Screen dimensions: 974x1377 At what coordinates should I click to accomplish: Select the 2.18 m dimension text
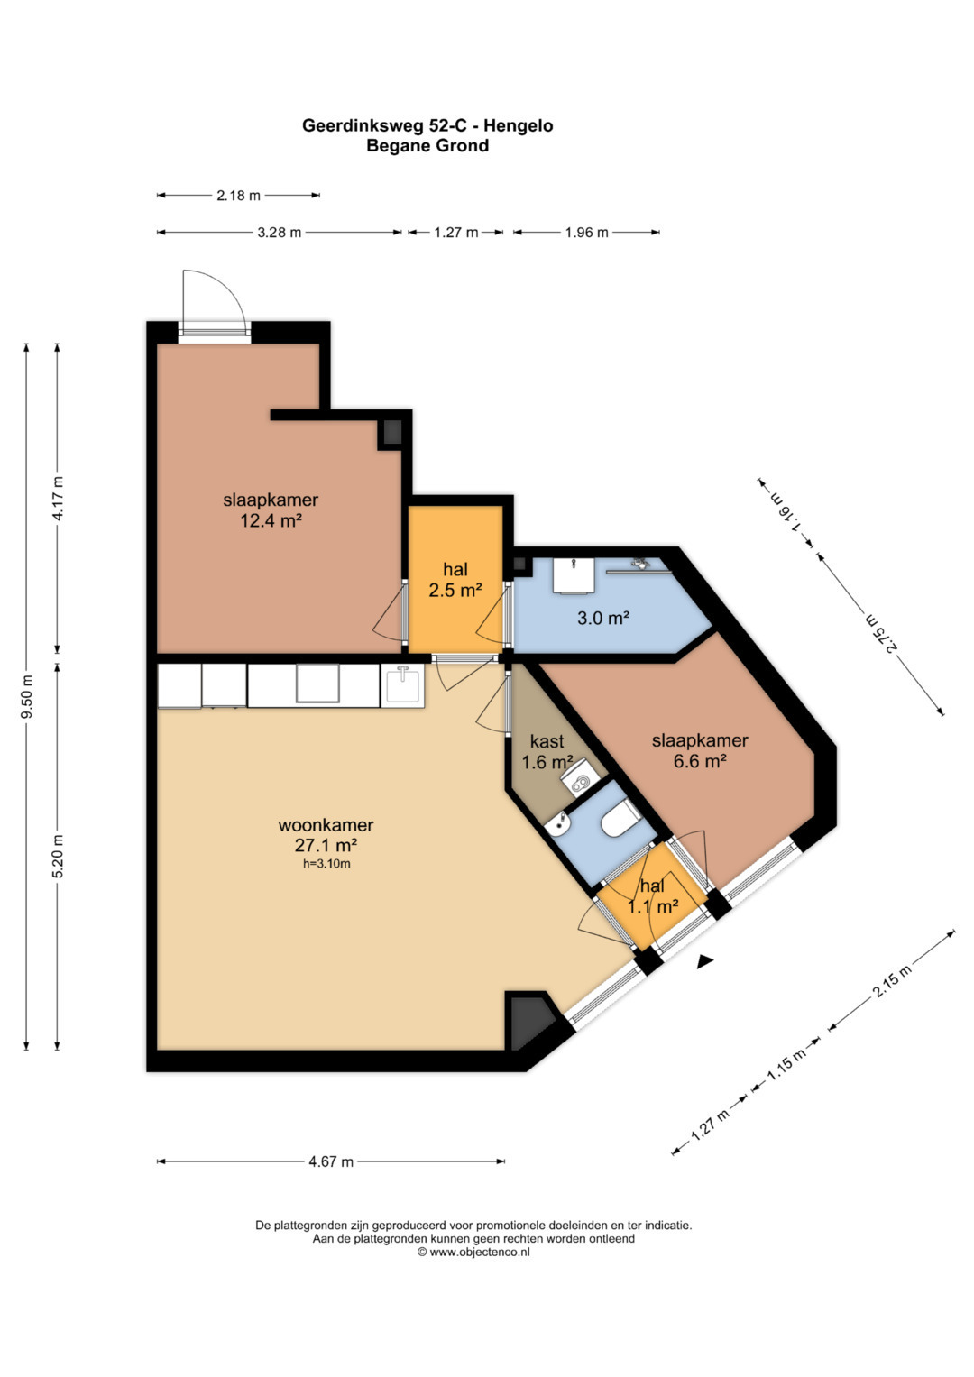238,196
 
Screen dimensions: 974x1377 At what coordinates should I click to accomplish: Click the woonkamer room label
326,824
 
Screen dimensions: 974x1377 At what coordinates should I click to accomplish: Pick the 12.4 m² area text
271,521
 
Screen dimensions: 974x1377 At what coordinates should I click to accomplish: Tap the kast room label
547,741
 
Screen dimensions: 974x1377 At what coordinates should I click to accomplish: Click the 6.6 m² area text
701,761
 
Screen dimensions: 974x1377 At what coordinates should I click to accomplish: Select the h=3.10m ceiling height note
326,864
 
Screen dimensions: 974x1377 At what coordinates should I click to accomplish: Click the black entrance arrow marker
704,963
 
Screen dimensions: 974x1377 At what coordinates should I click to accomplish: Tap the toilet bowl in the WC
621,818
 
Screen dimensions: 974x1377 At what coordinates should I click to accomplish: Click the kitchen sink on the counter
403,685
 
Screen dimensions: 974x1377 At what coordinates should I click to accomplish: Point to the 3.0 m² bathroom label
603,618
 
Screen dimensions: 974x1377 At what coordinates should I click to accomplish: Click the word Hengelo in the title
519,126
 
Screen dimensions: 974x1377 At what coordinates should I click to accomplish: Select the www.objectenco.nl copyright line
473,1252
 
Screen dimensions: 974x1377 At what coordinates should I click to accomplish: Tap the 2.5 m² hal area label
455,590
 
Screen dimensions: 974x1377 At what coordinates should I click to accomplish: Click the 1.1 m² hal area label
653,905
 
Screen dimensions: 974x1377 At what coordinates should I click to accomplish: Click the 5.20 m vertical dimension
58,858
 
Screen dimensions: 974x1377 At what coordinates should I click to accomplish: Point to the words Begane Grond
427,146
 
